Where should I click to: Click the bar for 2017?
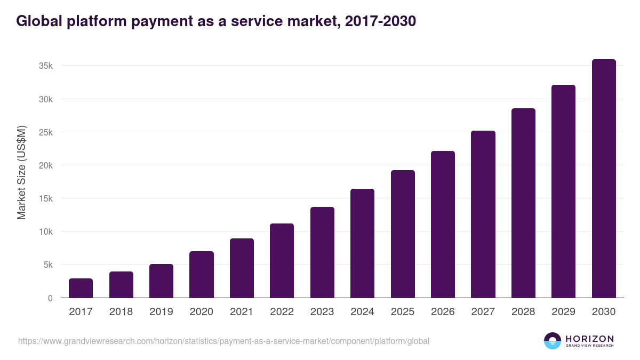coord(81,288)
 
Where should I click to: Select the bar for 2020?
coord(201,275)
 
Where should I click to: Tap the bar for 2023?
coord(322,252)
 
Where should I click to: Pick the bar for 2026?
coord(443,225)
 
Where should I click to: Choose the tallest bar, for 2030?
coord(604,179)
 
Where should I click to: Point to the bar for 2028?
coord(523,203)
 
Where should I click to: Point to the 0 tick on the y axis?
coord(50,298)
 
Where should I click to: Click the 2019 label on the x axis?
coord(161,312)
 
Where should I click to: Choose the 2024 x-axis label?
coord(362,312)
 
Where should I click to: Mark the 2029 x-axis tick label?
coord(563,312)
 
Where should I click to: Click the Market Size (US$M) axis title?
coord(21,172)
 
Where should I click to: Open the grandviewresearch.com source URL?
coord(223,341)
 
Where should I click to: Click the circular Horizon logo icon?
coord(553,341)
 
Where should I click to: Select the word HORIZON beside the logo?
coord(589,339)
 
